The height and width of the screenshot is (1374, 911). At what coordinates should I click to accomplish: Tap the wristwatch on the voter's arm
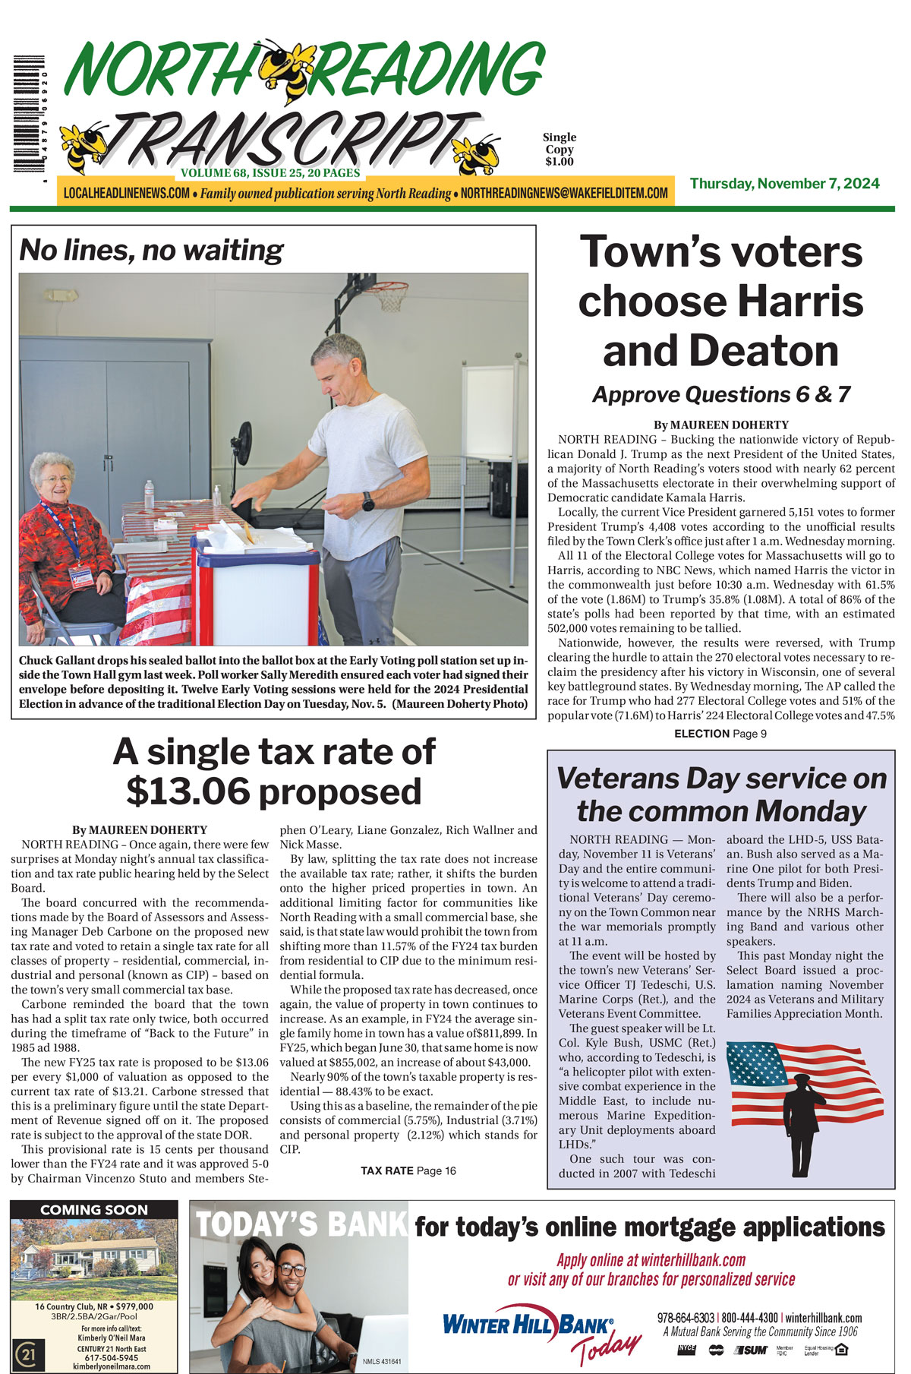pos(368,501)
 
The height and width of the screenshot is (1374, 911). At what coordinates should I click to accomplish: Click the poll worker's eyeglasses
pos(58,480)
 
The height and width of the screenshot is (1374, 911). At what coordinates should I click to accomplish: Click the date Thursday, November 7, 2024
pos(784,183)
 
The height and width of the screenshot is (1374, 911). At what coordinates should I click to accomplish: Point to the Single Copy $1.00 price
pos(559,149)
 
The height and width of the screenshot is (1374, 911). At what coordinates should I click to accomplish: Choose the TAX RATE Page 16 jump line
pos(408,1170)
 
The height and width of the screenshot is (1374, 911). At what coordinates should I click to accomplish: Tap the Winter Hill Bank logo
pos(528,1325)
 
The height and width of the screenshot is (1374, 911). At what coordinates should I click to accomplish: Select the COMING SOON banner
pos(93,1209)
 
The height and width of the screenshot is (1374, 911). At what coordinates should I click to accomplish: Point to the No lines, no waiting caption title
pos(150,249)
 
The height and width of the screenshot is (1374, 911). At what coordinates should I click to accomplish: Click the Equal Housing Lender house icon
pos(840,1349)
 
